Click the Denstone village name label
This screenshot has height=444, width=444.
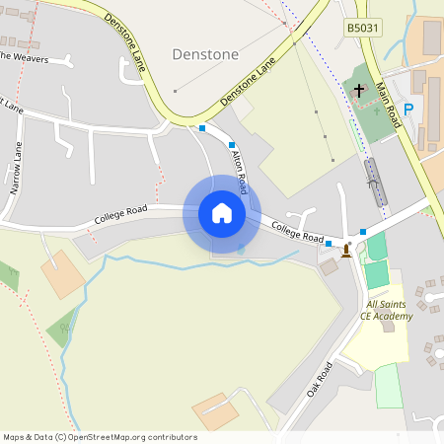pos(205,54)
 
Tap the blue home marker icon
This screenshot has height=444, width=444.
pos(222,213)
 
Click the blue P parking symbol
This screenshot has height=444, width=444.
pos(408,111)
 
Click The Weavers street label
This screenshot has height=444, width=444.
pos(24,56)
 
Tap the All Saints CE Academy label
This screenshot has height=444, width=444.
pos(386,311)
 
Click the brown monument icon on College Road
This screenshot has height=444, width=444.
pos(346,251)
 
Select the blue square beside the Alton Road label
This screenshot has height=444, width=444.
pos(232,145)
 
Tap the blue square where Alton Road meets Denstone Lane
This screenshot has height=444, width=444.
pos(202,128)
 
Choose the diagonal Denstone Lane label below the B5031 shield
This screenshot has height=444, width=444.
pos(248,82)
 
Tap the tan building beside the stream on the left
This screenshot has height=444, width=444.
pos(62,274)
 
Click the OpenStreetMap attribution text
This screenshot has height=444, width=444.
pos(100,437)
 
